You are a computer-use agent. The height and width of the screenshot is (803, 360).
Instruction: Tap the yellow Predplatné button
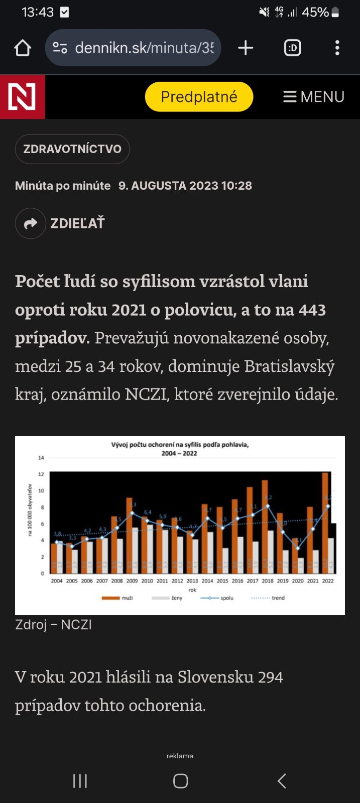199,96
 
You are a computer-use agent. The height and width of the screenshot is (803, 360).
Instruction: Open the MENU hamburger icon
290,97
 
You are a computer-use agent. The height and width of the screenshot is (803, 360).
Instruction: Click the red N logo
22,97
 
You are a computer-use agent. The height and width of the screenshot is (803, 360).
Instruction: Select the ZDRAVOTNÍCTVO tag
72,149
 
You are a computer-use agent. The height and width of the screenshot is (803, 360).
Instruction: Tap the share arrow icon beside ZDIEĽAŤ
31,223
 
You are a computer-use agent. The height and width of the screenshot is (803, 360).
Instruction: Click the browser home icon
23,48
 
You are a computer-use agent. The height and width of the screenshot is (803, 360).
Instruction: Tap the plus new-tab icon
246,48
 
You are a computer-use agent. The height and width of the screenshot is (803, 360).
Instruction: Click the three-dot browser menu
337,48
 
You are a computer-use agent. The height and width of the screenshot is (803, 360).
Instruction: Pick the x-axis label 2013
192,581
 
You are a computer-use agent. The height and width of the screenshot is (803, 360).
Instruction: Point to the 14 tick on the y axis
41,458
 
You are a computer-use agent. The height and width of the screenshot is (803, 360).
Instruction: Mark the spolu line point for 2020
298,548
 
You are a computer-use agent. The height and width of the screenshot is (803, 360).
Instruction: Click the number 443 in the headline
312,310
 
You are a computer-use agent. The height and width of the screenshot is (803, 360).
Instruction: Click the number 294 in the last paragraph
270,677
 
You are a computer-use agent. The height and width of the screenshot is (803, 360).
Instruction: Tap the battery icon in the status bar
335,12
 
